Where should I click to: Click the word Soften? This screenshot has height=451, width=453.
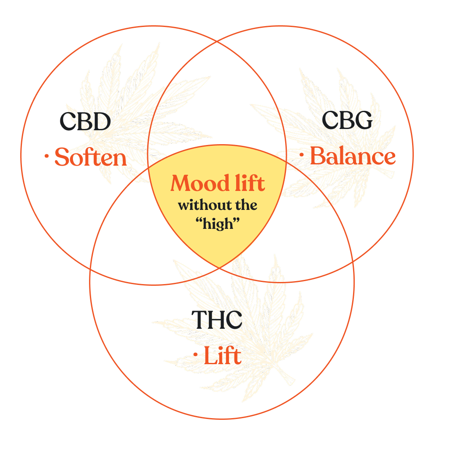click(x=91, y=158)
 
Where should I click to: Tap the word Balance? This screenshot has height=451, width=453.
click(x=353, y=157)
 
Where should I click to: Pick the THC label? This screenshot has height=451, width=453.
click(x=216, y=320)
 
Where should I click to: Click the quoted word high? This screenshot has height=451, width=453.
click(x=218, y=223)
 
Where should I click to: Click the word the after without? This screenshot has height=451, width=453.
click(x=246, y=206)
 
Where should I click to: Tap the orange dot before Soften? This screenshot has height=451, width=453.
click(x=46, y=157)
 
